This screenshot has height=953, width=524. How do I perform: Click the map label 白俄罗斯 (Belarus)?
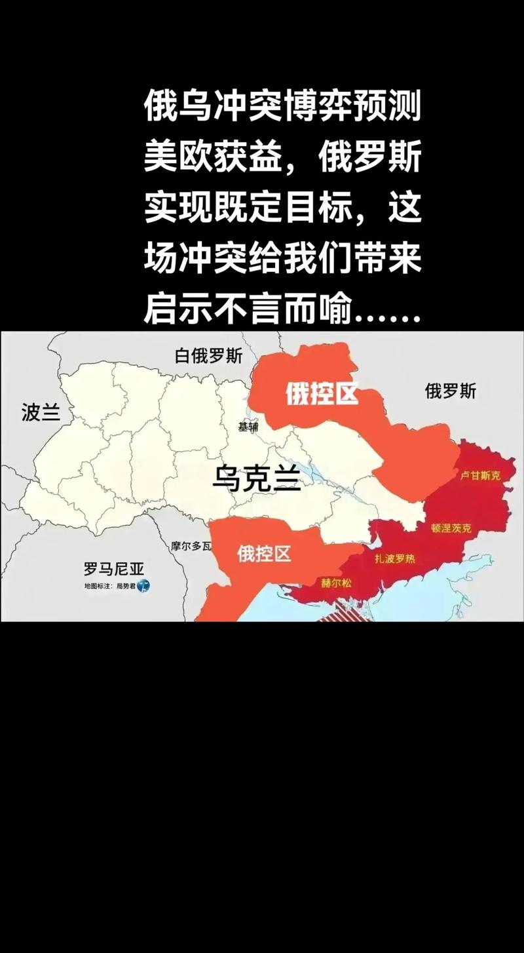click(208, 356)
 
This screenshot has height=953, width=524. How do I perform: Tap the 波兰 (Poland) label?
click(41, 412)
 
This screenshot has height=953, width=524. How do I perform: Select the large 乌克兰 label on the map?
click(256, 480)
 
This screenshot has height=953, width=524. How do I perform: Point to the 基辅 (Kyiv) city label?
click(248, 427)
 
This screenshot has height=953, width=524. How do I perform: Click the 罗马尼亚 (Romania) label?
click(113, 568)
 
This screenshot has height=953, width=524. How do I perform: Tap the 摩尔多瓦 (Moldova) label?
click(191, 545)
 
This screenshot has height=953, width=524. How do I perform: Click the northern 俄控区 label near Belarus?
click(321, 394)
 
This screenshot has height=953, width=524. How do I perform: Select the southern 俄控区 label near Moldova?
click(264, 554)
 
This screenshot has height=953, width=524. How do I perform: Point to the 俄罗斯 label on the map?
click(451, 392)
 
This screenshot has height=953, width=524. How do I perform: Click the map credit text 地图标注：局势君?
click(108, 585)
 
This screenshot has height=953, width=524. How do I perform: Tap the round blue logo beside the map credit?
click(143, 585)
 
